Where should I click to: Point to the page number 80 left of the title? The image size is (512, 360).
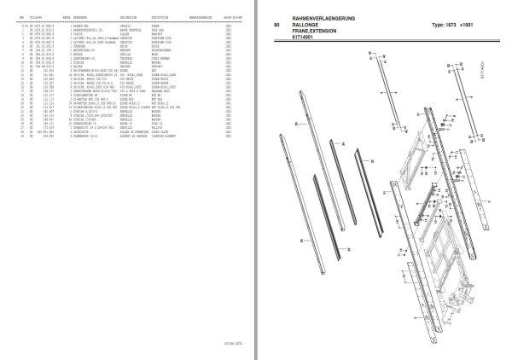[x=276, y=25]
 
